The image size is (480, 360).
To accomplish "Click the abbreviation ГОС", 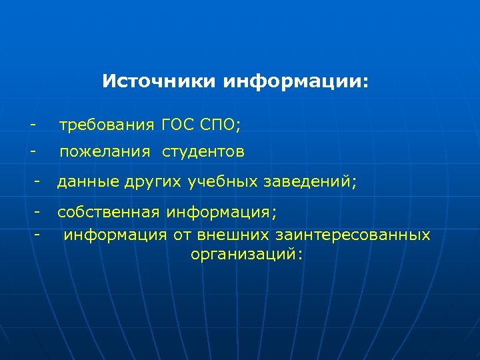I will pyautogui.click(x=177, y=124).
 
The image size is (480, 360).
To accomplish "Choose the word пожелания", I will pyautogui.click(x=105, y=153).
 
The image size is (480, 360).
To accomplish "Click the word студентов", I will pyautogui.click(x=203, y=153).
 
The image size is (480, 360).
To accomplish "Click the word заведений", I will pyautogui.click(x=307, y=181).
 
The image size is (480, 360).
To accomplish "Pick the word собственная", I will pyautogui.click(x=108, y=213).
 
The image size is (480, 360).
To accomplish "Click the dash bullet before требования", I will pyautogui.click(x=31, y=124).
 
